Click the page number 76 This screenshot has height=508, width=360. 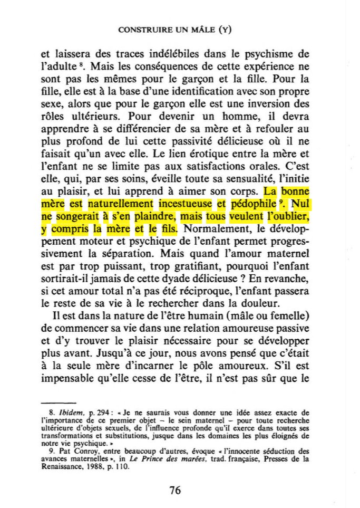(176, 490)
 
